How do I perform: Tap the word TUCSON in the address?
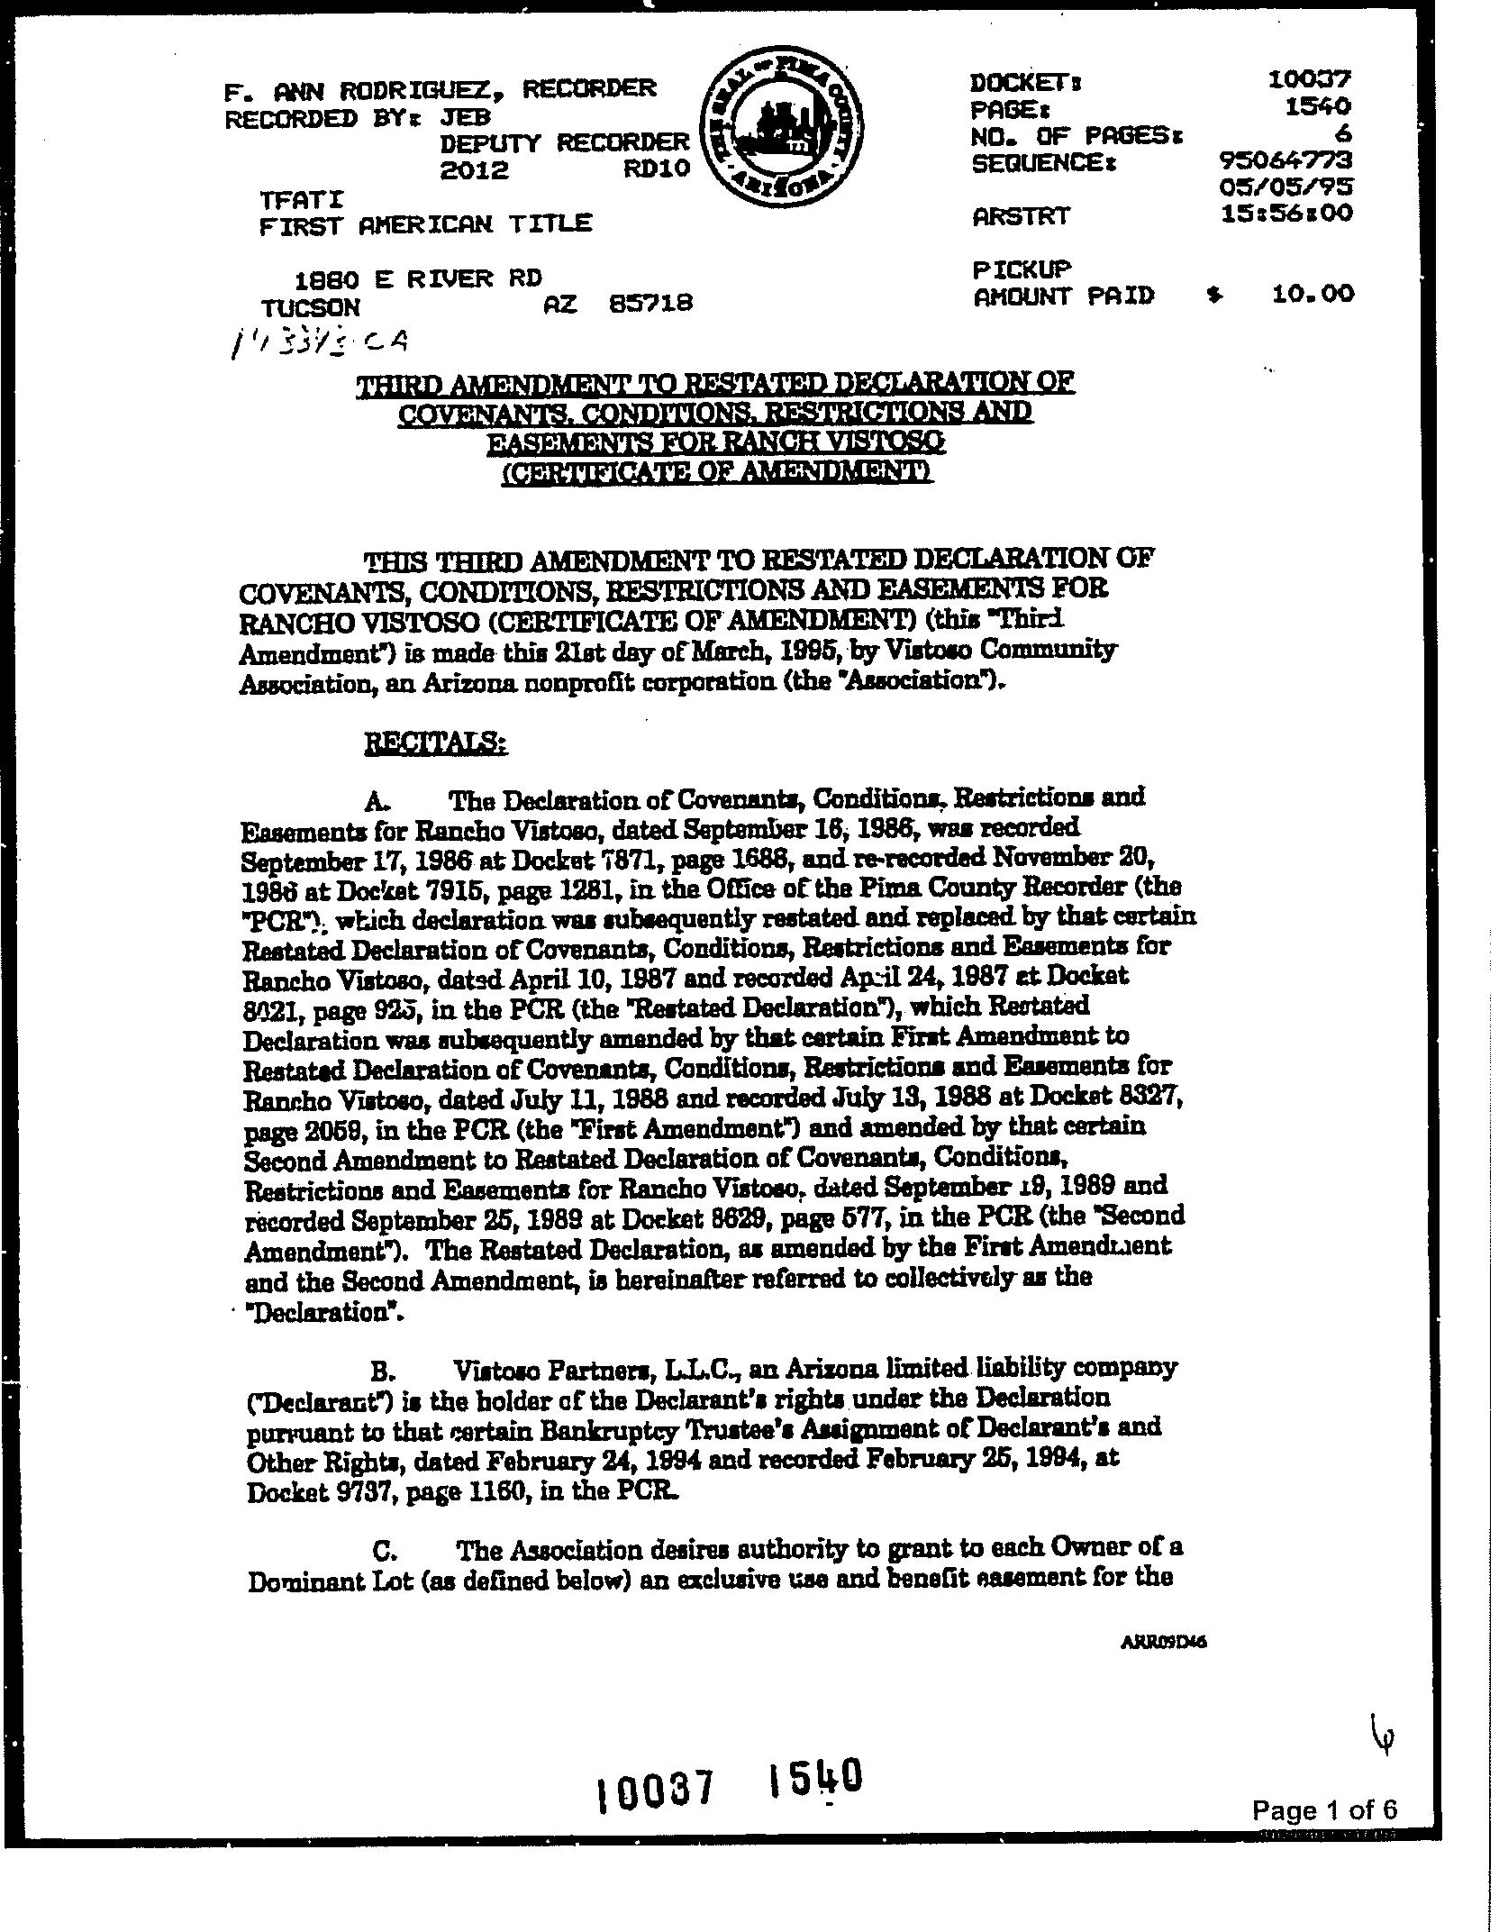309,306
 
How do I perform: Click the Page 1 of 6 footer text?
1325,1809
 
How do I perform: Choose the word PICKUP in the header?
1022,268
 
